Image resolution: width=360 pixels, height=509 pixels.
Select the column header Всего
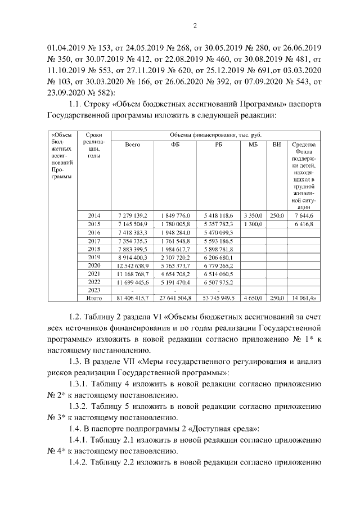point(133,145)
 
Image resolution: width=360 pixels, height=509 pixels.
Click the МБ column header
point(253,145)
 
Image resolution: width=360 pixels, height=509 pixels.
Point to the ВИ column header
point(276,145)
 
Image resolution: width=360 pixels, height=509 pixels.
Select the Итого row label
point(94,299)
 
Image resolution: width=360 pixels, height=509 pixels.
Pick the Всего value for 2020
point(133,265)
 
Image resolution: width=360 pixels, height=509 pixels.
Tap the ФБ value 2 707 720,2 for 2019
point(176,257)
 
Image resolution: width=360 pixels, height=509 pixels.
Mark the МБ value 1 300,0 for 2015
point(253,224)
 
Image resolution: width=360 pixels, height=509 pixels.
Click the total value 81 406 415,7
point(133,299)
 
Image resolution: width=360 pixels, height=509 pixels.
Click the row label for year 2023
point(94,290)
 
